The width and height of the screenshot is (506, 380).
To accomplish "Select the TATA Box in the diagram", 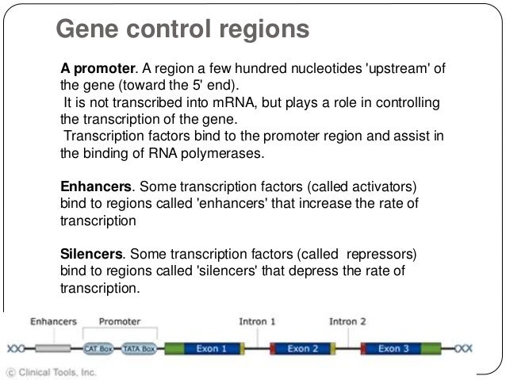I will tap(138, 347).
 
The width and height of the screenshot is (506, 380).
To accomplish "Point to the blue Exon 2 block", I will tap(303, 347).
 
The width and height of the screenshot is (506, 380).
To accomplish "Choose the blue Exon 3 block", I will tap(394, 347).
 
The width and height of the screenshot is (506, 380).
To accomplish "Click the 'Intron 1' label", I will tap(257, 322).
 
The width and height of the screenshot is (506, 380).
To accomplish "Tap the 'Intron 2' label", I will tap(348, 322).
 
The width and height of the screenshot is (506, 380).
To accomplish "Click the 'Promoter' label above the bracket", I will tap(120, 322).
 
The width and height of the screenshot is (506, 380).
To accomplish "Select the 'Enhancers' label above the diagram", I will tap(53, 322).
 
